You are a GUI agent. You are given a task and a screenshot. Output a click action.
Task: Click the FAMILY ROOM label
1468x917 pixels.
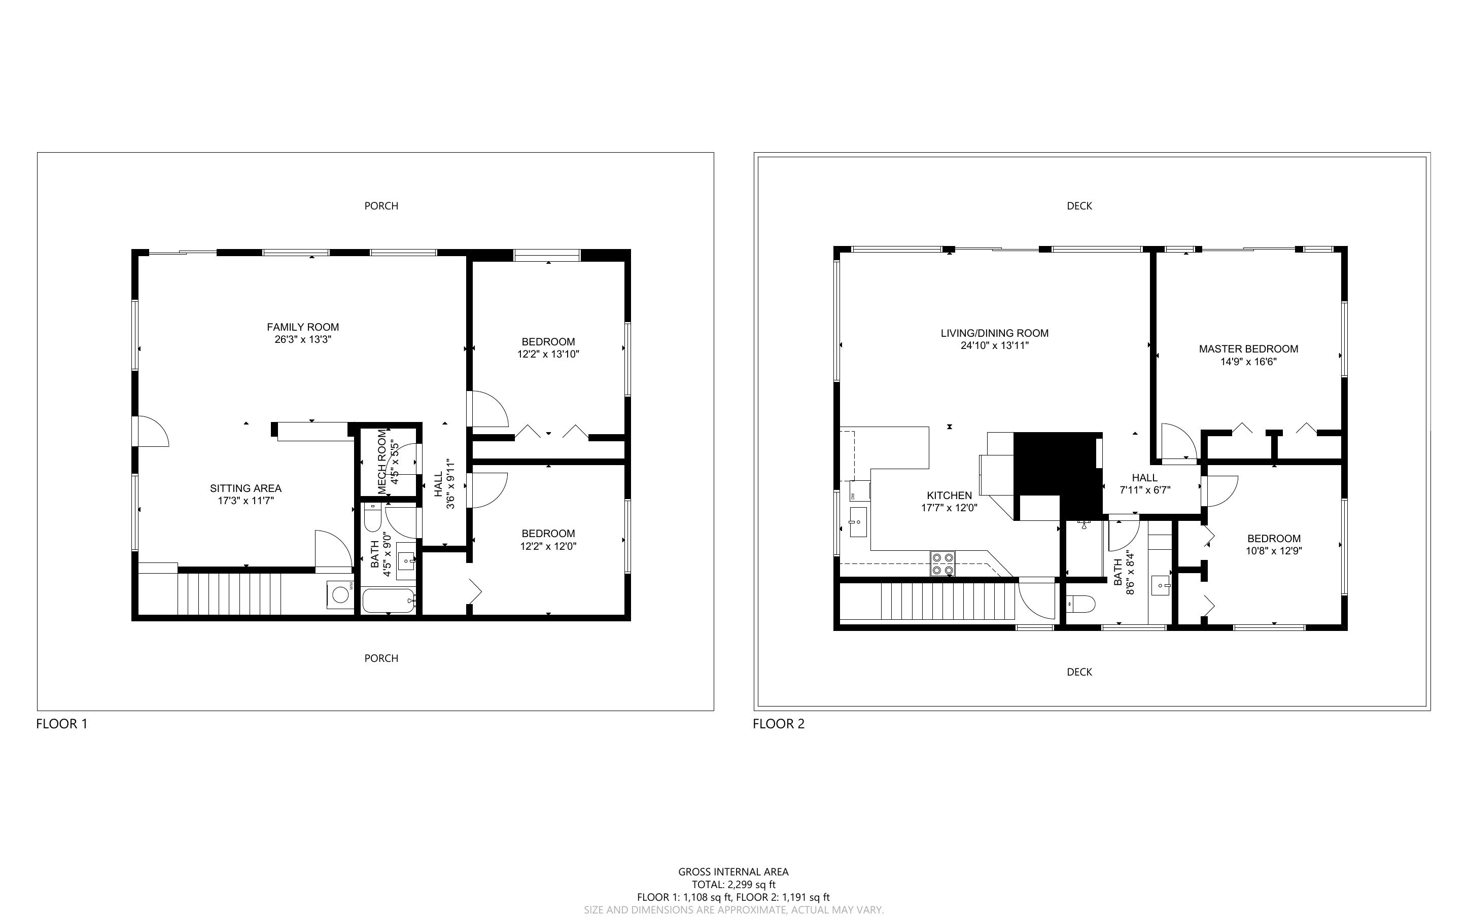coord(302,328)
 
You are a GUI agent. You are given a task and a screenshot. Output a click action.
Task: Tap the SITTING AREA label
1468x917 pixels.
coord(246,488)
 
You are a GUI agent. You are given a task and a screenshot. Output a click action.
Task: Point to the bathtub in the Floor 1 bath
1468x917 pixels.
coord(389,601)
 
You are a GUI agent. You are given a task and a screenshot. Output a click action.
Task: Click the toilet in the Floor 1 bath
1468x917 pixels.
coord(372,520)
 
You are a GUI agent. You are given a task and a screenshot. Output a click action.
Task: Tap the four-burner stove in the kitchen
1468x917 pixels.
coord(943,563)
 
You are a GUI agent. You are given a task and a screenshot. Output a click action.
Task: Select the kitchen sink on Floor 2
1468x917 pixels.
coord(858,522)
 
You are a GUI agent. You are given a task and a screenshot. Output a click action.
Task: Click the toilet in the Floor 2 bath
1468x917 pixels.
coord(1080,604)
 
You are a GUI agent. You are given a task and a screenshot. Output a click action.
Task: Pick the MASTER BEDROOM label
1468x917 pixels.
coord(1248,349)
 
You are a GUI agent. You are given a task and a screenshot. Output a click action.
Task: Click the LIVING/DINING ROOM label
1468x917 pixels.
coord(994,333)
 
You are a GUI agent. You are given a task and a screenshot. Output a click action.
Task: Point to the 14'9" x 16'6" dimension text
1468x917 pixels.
coord(1248,362)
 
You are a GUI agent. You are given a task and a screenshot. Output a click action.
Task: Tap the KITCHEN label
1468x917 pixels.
coord(949,496)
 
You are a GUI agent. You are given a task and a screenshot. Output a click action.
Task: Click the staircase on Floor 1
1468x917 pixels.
coord(230,594)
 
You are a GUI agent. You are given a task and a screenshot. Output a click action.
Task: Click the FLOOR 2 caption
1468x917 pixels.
coord(779,724)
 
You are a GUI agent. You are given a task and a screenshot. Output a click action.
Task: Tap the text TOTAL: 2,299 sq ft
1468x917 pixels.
coord(733,884)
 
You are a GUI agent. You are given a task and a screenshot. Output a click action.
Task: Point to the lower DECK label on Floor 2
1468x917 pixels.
coord(1079,672)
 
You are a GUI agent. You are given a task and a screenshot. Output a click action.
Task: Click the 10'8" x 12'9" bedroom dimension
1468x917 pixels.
coord(1274,551)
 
